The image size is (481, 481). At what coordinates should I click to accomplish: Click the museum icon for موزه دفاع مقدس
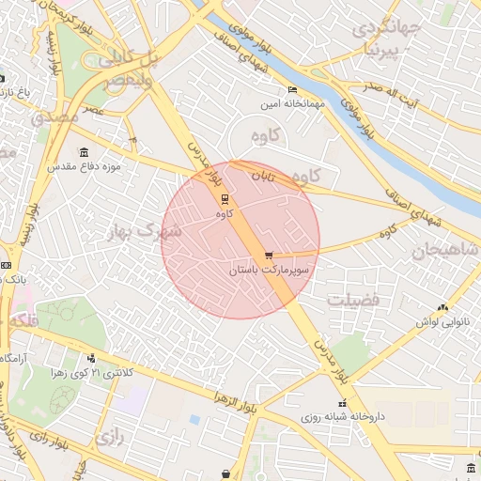click(85, 152)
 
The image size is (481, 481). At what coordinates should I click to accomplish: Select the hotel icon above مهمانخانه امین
click(292, 89)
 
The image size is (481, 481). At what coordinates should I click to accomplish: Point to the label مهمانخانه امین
click(294, 103)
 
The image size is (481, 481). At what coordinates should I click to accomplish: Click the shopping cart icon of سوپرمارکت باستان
click(270, 255)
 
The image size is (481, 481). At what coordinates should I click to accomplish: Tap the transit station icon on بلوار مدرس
click(224, 198)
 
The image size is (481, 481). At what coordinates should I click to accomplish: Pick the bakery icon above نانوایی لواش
click(442, 307)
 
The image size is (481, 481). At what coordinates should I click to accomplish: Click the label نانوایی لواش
click(442, 321)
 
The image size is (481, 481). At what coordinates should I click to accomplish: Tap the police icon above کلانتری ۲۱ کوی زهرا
click(91, 357)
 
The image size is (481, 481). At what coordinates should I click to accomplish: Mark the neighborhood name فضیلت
click(353, 300)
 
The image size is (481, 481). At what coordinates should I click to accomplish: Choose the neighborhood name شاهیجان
click(439, 250)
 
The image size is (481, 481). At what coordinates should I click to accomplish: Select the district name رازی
click(109, 437)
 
